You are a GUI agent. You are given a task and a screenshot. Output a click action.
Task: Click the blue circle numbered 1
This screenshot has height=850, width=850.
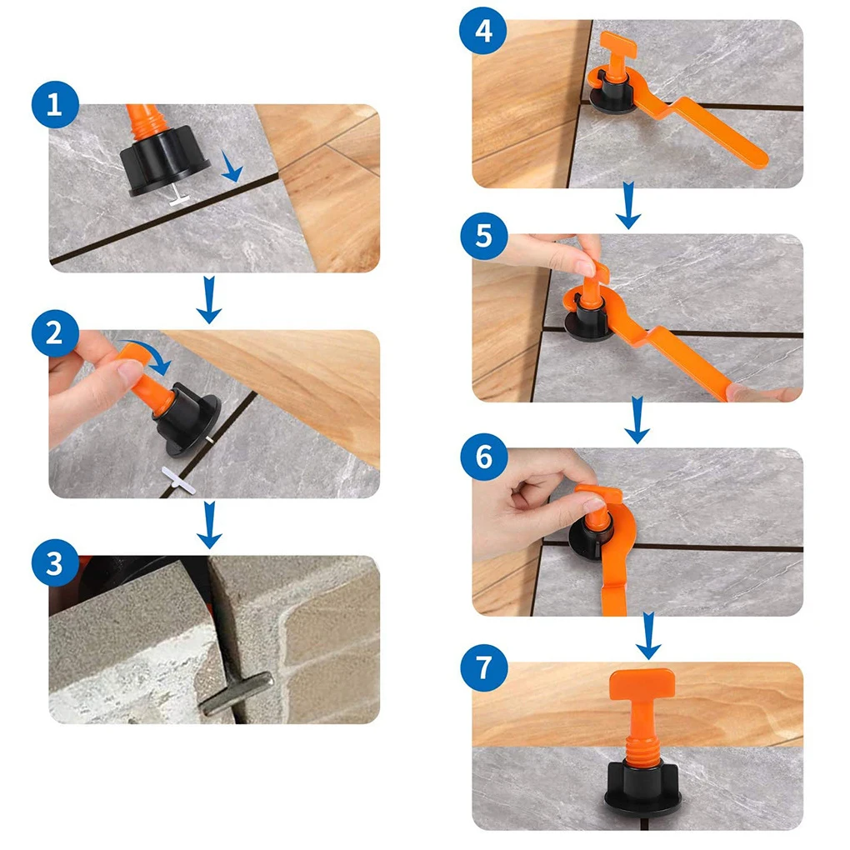point(55,104)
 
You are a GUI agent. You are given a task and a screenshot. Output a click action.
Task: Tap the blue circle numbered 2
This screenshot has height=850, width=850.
point(55,333)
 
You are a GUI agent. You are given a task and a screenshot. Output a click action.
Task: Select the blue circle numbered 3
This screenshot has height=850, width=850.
point(55,563)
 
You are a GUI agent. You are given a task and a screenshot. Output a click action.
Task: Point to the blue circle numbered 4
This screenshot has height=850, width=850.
point(483,30)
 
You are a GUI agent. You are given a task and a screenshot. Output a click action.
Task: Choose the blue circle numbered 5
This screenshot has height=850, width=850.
point(484,237)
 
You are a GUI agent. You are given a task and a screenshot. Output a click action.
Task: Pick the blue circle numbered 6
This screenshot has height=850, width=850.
point(484,457)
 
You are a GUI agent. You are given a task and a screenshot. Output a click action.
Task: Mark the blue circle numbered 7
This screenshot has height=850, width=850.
point(484,667)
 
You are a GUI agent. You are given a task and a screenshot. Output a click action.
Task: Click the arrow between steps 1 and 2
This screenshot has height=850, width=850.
point(209,300)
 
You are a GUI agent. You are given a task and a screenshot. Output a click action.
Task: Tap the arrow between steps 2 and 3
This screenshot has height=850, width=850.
point(209,525)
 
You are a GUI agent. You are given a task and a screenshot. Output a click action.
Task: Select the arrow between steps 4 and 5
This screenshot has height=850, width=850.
point(628,206)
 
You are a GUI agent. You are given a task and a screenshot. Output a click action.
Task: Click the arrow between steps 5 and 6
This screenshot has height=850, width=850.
point(637,420)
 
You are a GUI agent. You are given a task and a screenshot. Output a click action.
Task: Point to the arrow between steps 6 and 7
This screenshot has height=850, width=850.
point(648,636)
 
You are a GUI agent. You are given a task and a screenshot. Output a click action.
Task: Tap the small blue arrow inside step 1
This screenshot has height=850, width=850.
point(232,167)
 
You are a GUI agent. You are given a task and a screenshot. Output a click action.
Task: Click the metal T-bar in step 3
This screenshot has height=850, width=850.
point(237,692)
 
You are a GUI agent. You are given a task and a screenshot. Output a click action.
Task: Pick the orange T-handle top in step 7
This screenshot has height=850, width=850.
point(642,684)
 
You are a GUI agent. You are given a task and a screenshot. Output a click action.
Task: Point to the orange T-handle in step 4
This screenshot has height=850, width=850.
point(618,55)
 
